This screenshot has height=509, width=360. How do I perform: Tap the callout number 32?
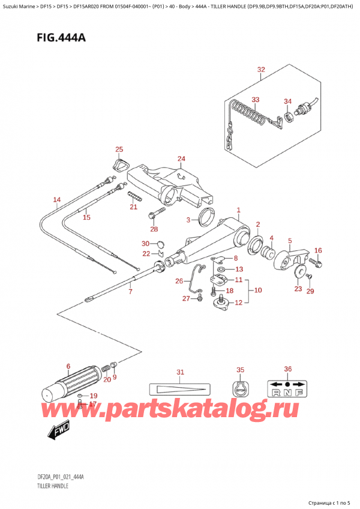[260, 70]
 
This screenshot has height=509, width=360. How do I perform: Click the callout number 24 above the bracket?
[182, 159]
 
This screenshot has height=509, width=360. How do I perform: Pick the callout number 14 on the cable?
[56, 200]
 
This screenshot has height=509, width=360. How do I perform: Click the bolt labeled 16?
[318, 263]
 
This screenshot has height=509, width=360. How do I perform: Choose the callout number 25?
[119, 149]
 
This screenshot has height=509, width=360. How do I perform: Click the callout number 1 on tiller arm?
[238, 210]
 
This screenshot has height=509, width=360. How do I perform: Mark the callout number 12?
[238, 302]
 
